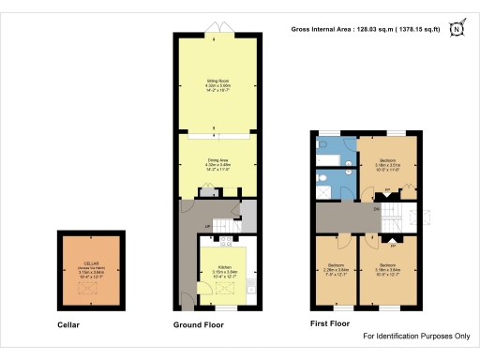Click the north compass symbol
coord(457,29)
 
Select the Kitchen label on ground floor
coord(222,270)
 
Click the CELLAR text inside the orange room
coord(90,263)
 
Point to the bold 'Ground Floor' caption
coord(198,325)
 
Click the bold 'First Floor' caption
coord(330,325)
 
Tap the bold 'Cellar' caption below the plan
coord(68,325)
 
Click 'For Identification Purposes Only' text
coord(415,336)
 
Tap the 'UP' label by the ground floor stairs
coord(206,226)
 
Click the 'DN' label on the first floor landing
coord(377,210)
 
